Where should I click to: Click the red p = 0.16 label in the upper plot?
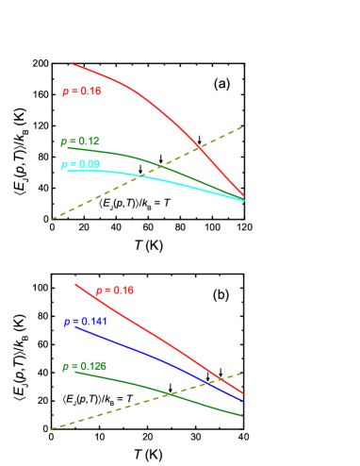point(82,92)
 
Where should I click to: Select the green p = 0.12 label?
point(81,141)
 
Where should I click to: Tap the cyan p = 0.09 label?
point(81,164)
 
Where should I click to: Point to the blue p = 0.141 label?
point(86,322)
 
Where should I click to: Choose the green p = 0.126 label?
point(85,366)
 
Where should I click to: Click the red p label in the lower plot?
point(115,291)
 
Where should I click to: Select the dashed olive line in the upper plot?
point(94,197)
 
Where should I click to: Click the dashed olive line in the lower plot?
point(94,414)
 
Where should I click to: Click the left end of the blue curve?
point(75,326)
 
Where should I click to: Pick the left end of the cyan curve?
point(66,171)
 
